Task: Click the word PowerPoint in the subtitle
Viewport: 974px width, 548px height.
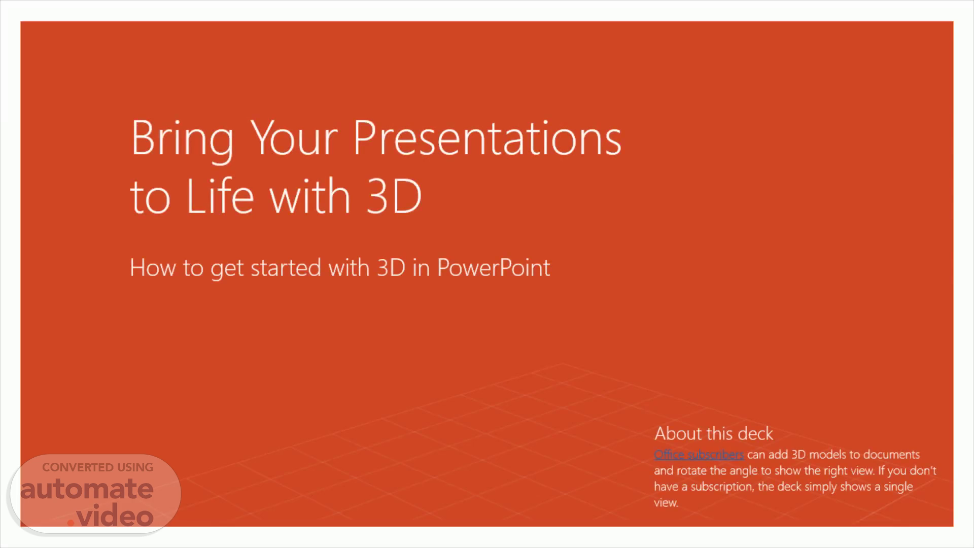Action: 493,267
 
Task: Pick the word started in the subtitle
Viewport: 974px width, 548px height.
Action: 286,267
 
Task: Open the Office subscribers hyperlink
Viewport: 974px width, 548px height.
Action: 699,454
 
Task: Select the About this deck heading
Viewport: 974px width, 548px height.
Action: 713,433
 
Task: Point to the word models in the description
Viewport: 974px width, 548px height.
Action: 827,454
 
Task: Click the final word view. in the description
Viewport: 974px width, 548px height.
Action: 666,503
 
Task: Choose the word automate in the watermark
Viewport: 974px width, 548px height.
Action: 87,489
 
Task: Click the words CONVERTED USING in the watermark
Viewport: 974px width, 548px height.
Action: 97,467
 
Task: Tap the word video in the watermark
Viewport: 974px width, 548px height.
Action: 115,516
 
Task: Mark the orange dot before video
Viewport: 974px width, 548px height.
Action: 71,523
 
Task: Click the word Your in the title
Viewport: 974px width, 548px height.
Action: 294,138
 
